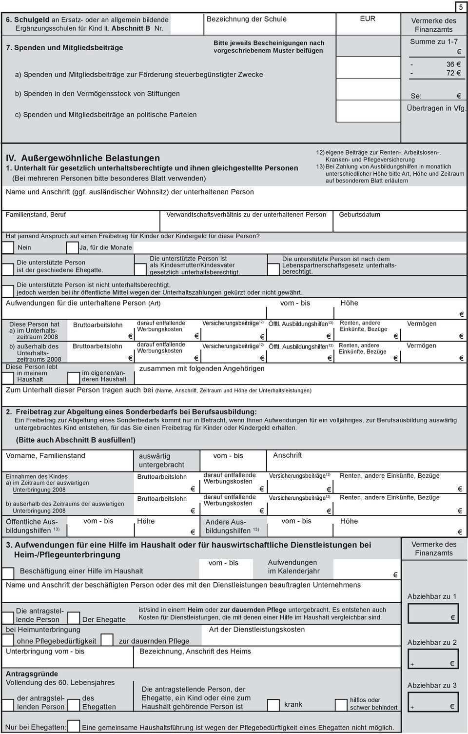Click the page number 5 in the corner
(x=461, y=7)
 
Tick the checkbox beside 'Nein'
(x=8, y=247)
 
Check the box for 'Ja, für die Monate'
(x=72, y=247)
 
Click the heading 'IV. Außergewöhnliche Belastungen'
(x=83, y=158)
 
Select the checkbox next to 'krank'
(x=273, y=705)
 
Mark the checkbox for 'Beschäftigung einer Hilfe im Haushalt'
(x=9, y=572)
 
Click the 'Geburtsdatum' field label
(x=359, y=215)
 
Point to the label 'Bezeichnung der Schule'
(x=247, y=19)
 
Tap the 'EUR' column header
(x=368, y=19)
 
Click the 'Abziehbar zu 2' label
(x=432, y=642)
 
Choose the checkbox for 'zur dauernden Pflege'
(x=107, y=640)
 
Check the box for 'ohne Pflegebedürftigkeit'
(x=9, y=640)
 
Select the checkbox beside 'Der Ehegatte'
(x=74, y=618)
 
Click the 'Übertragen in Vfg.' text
(x=436, y=108)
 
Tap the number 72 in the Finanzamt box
(x=450, y=73)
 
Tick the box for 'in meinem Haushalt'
(x=9, y=377)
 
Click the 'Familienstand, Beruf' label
(x=36, y=215)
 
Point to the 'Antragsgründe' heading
(x=32, y=674)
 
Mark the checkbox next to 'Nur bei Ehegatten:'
(x=74, y=727)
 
